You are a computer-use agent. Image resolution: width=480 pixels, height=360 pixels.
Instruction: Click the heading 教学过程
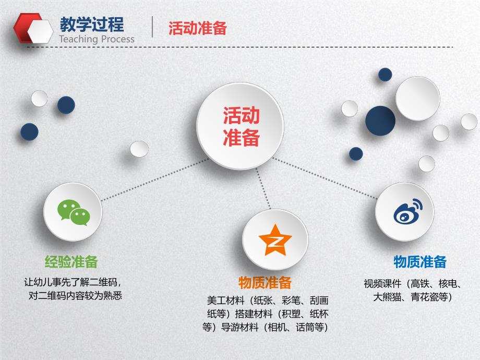(92, 24)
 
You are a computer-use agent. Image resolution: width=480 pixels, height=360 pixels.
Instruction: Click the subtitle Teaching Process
(97, 39)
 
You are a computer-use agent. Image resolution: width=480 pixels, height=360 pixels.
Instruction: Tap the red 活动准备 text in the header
(197, 28)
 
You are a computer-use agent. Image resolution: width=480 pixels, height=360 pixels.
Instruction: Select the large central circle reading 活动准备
(241, 126)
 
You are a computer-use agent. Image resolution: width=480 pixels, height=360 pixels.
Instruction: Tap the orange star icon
(275, 240)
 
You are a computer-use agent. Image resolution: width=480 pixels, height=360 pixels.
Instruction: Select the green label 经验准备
(71, 261)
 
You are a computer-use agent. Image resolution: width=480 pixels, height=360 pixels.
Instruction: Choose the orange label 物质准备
(265, 283)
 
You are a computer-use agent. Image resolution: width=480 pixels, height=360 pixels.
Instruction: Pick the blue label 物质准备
(419, 261)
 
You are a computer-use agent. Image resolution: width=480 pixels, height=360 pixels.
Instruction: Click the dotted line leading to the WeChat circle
(151, 181)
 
